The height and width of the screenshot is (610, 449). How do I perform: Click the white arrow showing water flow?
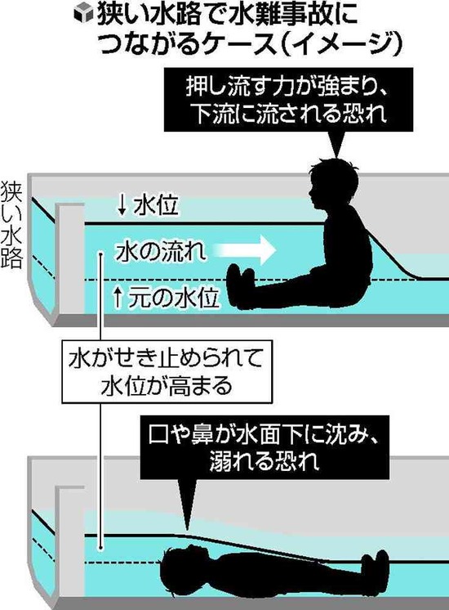[245, 249]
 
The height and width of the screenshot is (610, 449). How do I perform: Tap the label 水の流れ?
[161, 251]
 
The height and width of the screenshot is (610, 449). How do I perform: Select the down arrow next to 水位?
[122, 205]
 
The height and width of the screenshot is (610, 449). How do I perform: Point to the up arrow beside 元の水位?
[118, 298]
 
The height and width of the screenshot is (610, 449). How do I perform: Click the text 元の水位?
[174, 298]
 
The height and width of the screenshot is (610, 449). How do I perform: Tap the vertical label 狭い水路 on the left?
[11, 225]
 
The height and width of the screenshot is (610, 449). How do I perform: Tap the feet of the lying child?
[375, 569]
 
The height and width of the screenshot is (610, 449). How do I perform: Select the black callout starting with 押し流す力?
[288, 100]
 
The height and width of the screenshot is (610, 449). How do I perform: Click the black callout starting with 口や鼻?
[265, 447]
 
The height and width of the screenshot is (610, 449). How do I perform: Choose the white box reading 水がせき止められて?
[167, 371]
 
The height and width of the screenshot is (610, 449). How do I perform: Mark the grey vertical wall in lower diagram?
[71, 545]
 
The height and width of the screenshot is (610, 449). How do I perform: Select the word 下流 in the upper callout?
[213, 114]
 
